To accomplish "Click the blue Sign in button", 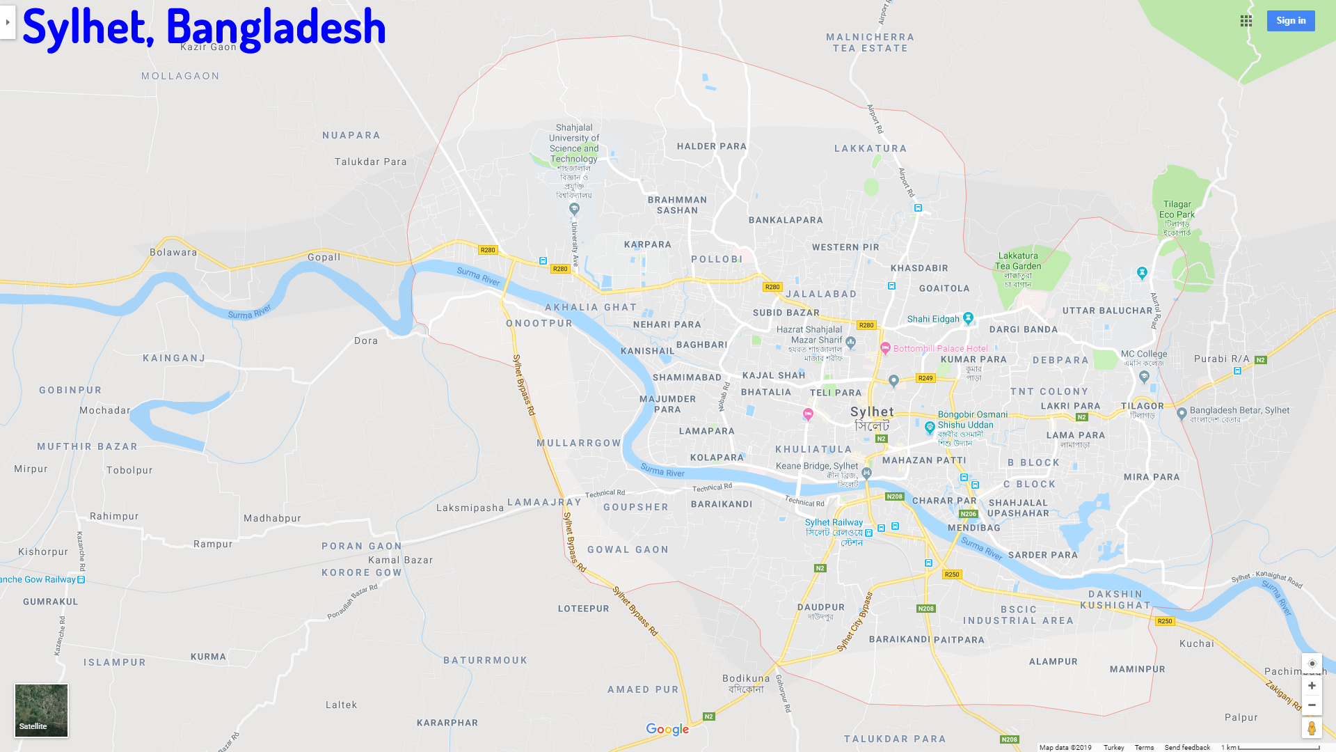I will (x=1290, y=21).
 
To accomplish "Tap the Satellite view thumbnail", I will (x=41, y=710).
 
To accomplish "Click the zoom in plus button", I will (x=1312, y=686).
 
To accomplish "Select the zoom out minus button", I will (x=1312, y=705).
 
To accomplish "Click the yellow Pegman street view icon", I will (x=1312, y=728).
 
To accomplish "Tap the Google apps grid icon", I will (x=1246, y=21).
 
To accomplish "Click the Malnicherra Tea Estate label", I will (x=870, y=42).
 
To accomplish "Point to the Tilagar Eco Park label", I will (x=1177, y=210).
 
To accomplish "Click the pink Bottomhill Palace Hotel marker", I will (x=885, y=348).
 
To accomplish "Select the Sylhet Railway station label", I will (x=834, y=527).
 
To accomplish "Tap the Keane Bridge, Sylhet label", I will (x=817, y=467).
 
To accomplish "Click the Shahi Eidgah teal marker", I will (x=968, y=318).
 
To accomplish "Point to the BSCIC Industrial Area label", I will (x=1018, y=615).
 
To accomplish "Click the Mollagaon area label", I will (x=180, y=76).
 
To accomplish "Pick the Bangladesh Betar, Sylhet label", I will (x=1239, y=411).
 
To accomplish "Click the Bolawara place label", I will (x=173, y=252).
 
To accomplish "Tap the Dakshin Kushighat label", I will (x=1115, y=600).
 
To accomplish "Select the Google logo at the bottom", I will (x=667, y=729).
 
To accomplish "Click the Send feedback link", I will (x=1187, y=747).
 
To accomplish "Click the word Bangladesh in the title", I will (x=276, y=28).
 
